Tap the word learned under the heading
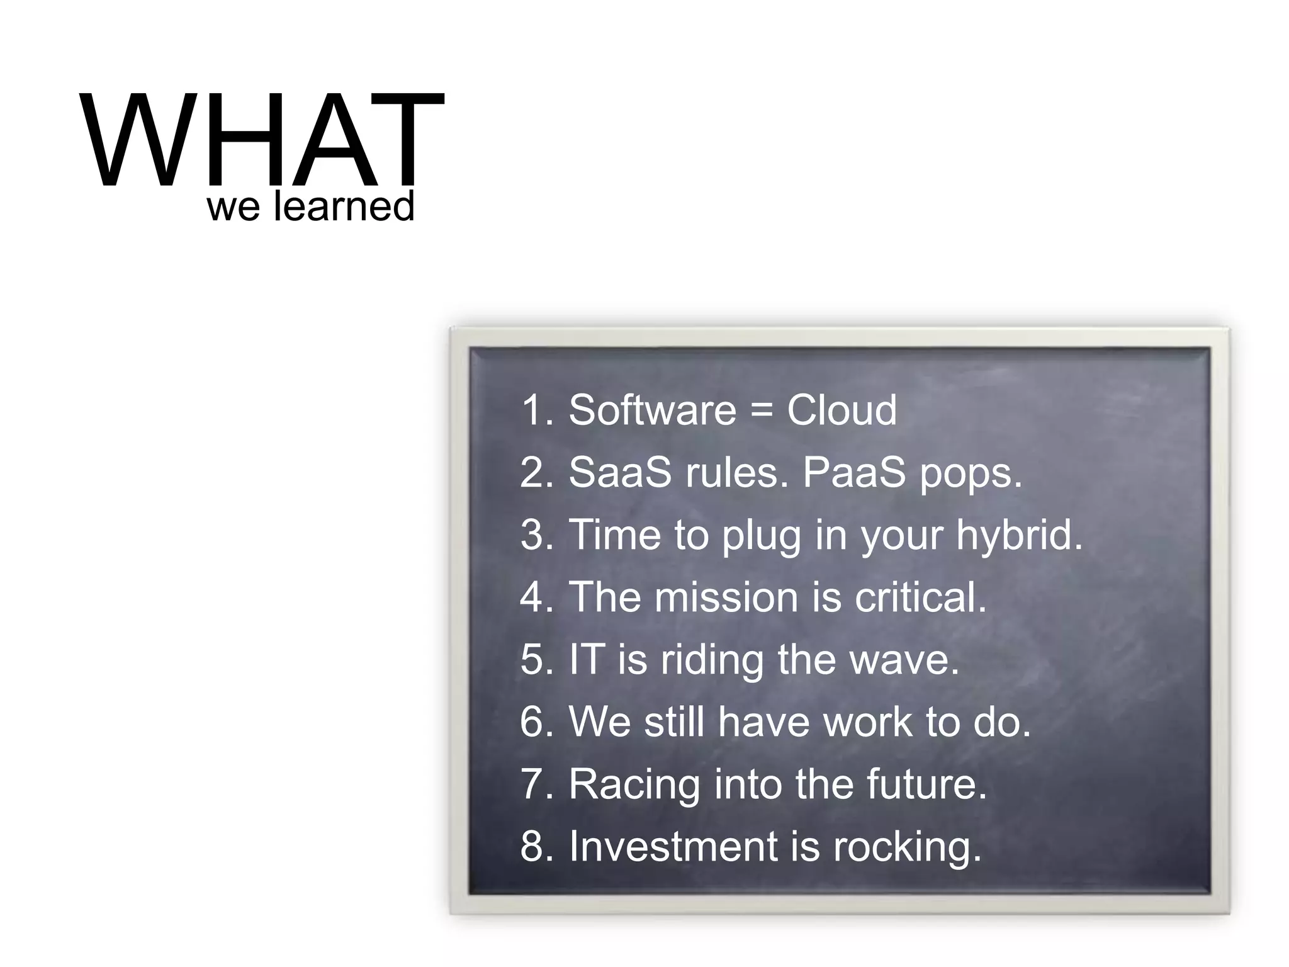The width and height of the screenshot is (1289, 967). point(344,206)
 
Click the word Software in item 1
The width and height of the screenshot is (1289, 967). point(652,410)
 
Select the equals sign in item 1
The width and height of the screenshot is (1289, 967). point(761,410)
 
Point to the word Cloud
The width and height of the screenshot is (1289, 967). point(842,410)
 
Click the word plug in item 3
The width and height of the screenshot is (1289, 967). point(761,536)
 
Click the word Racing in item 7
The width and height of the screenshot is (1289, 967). point(634,785)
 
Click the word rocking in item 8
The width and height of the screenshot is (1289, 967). point(906,847)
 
